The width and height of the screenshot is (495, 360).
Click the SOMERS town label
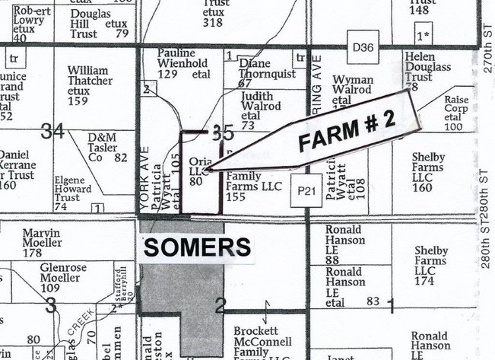point(196,247)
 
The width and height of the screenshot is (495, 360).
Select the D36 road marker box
point(364,47)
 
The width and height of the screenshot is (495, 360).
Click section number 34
point(52,131)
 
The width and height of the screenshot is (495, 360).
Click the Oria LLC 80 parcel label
point(198,171)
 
